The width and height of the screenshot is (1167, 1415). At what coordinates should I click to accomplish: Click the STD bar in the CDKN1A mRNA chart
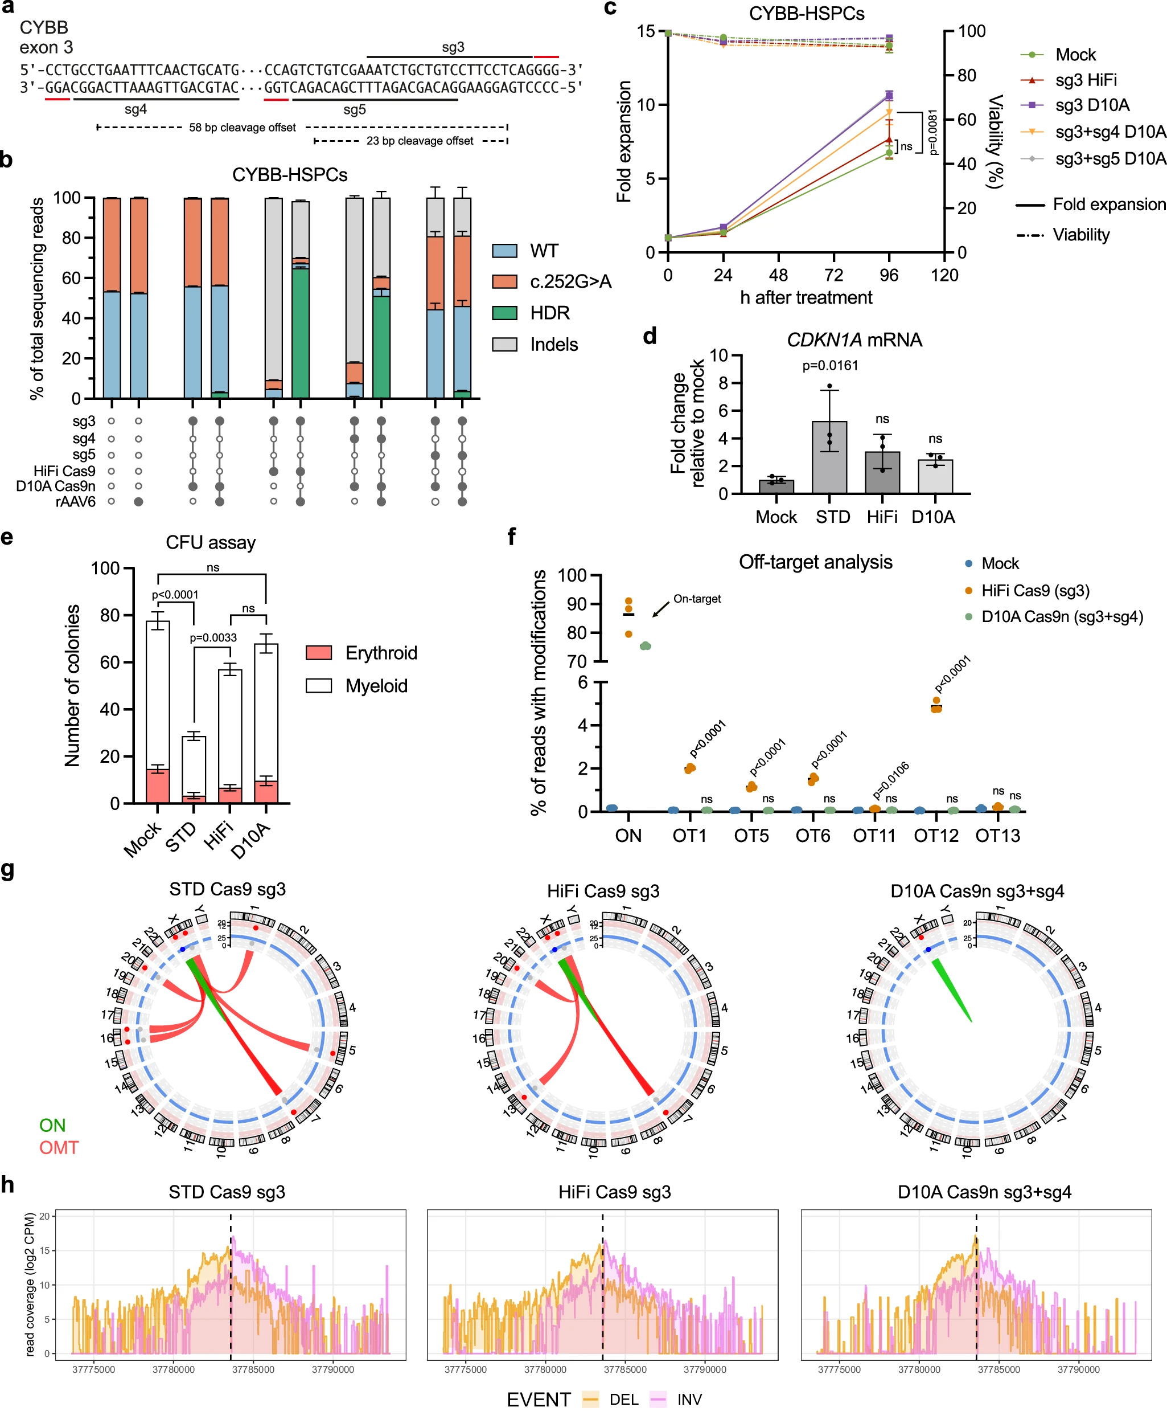(829, 457)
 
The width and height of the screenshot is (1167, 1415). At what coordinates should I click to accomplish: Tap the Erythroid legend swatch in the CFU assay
(319, 652)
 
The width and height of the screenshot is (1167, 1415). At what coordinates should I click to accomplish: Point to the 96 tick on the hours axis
(889, 275)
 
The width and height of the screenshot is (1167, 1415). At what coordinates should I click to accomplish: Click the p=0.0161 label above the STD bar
(829, 365)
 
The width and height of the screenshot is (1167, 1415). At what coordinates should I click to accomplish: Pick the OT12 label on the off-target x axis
(936, 835)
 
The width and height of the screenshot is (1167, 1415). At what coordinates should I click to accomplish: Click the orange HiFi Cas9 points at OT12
(936, 706)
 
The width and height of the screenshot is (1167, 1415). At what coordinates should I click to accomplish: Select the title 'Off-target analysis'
(815, 562)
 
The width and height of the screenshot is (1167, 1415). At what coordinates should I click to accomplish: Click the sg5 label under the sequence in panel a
(354, 109)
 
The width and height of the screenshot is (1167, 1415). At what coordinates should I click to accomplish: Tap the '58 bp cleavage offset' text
(242, 127)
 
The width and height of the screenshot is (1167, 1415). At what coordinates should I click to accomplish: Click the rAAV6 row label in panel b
(75, 502)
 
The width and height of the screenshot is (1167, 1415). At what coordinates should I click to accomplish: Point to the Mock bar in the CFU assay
(158, 713)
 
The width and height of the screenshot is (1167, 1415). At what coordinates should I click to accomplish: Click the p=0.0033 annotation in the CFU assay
(212, 637)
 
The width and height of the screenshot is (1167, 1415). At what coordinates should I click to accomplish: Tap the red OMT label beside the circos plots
(59, 1148)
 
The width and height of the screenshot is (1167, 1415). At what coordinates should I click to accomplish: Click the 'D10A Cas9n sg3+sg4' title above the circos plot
(977, 891)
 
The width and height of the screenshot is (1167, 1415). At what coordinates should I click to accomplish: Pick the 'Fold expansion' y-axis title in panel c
(624, 141)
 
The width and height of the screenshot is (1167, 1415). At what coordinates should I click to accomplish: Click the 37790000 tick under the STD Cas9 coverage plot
(333, 1369)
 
